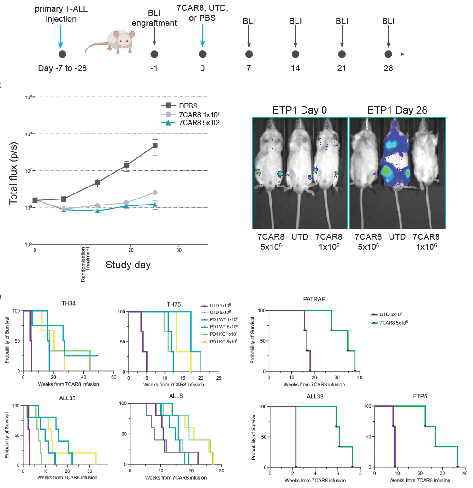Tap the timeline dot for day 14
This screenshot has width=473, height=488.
(x=295, y=54)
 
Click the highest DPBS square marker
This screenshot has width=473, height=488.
(x=155, y=146)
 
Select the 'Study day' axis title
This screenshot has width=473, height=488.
(x=128, y=265)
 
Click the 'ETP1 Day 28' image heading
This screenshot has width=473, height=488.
(x=397, y=110)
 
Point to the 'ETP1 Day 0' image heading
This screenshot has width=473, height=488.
(x=300, y=110)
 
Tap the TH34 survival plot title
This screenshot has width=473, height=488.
(x=69, y=303)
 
